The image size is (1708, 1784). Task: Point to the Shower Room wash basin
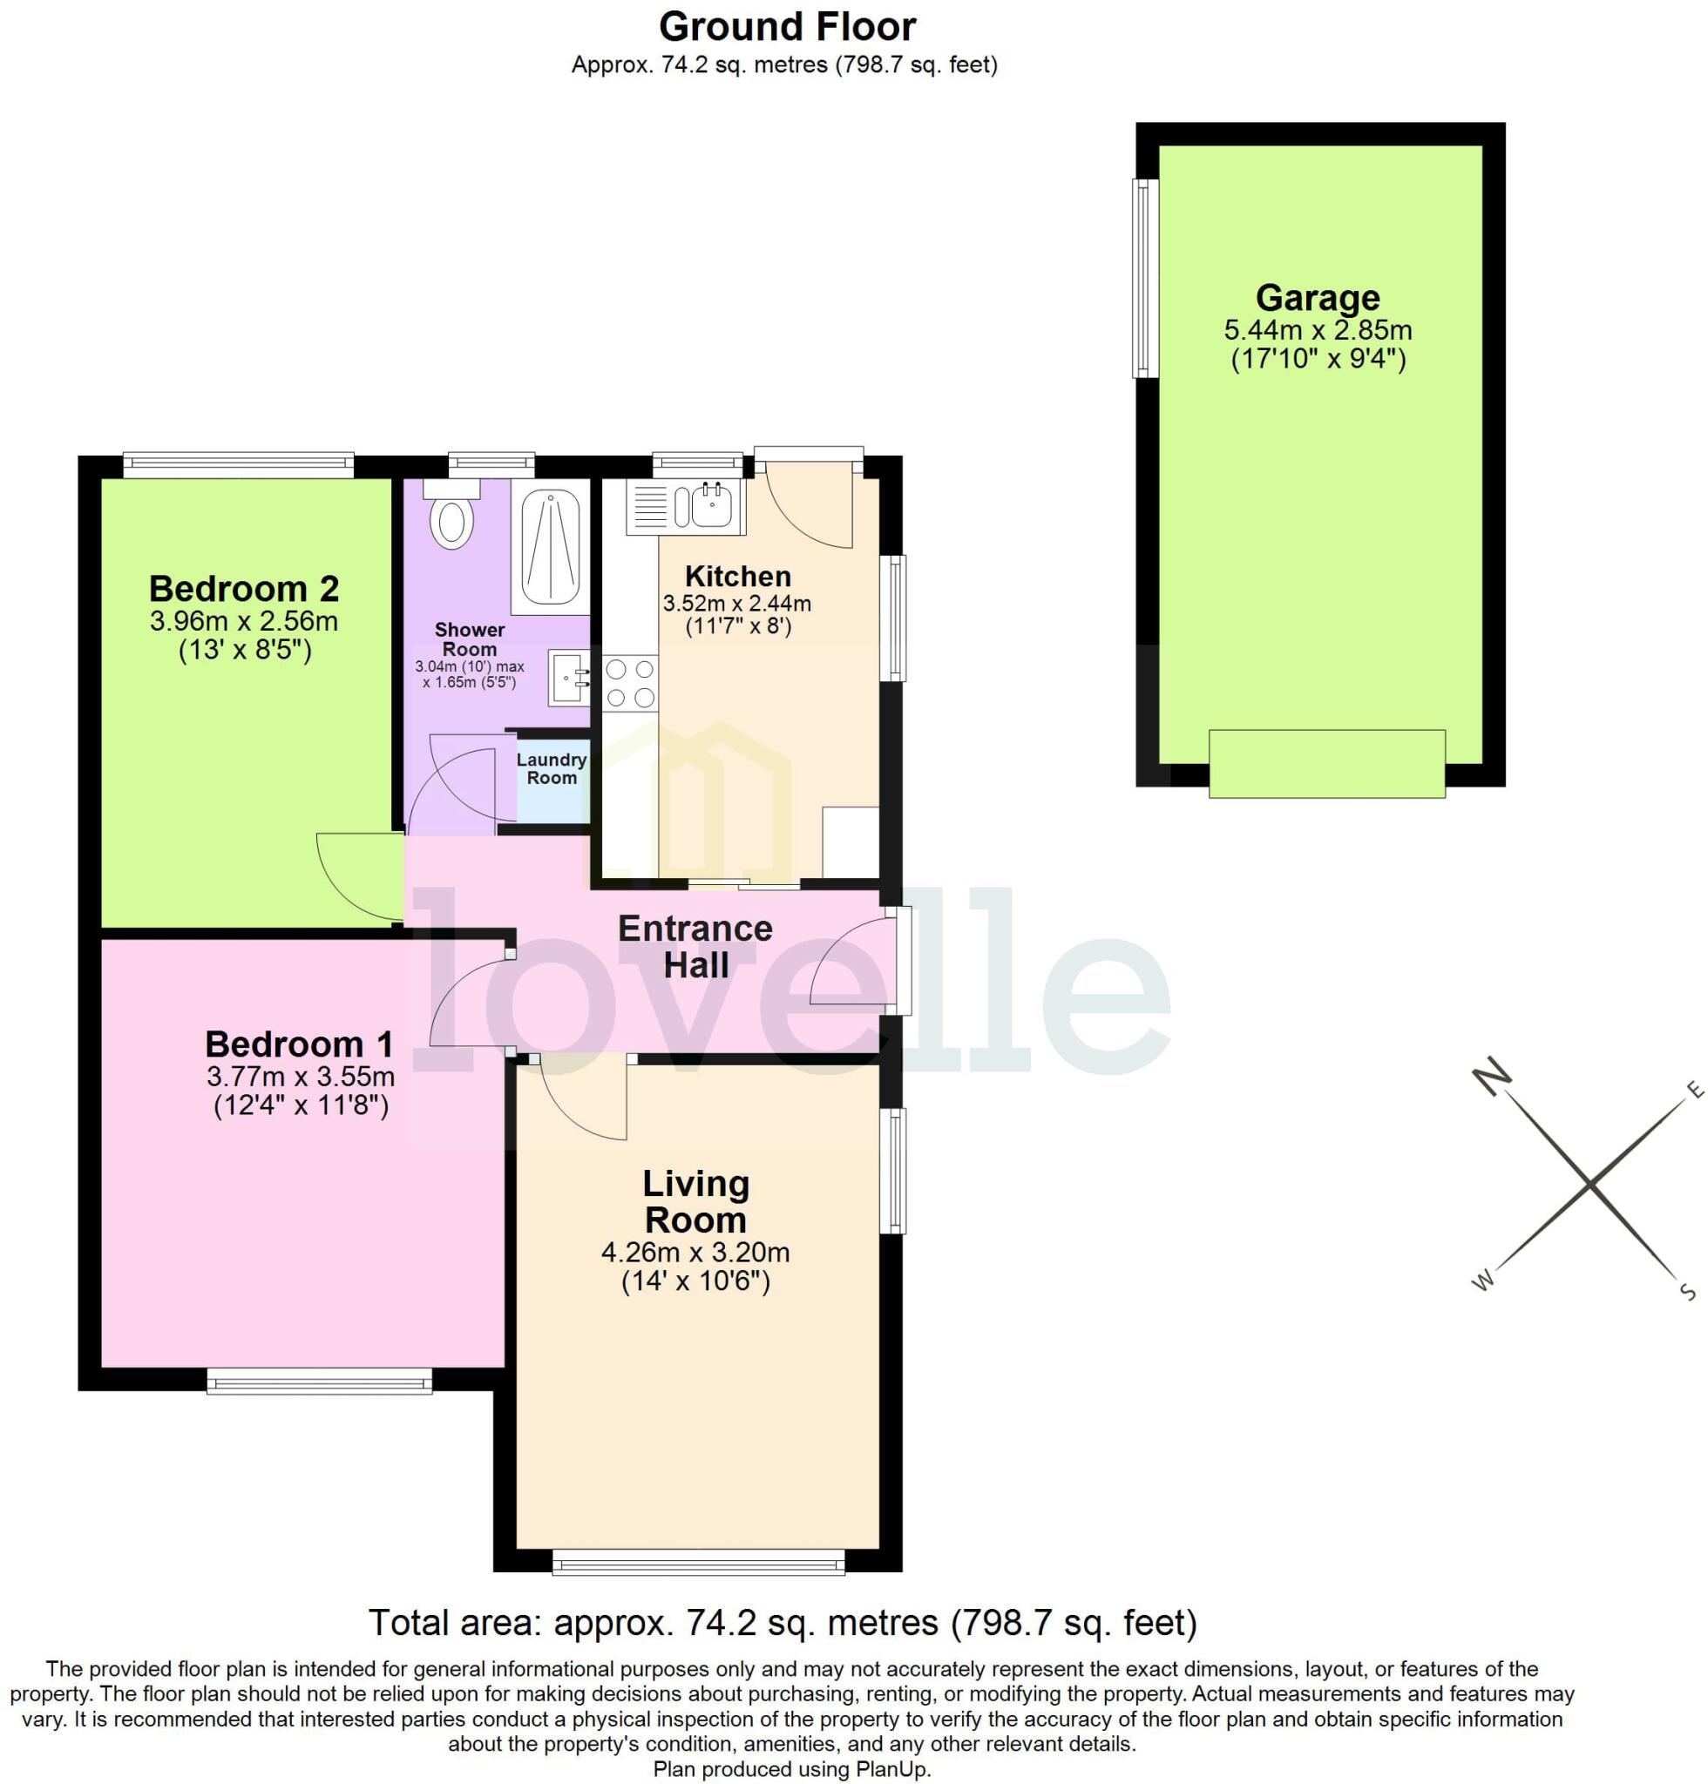[x=568, y=677]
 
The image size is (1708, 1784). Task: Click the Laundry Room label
[x=552, y=768]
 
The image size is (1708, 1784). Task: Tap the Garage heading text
[x=1318, y=298]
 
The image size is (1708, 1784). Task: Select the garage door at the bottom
[x=1326, y=764]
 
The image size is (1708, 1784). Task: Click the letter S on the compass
[x=1686, y=1292]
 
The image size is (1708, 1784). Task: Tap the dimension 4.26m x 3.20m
[x=695, y=1253]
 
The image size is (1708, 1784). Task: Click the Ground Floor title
[x=787, y=27]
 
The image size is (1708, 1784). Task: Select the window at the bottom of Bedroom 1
[x=319, y=1383]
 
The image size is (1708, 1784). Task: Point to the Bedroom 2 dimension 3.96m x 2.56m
[x=244, y=622]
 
